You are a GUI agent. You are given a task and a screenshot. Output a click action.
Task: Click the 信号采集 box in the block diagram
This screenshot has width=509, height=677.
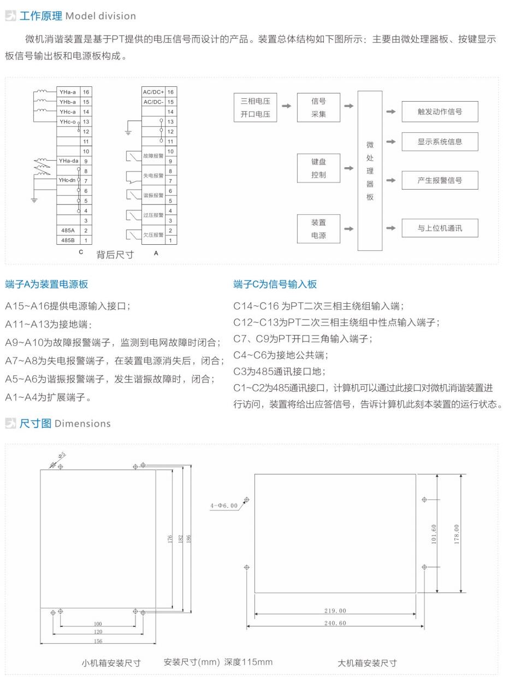tap(318, 107)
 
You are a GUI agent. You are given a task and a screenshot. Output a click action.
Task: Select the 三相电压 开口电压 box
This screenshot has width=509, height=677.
tap(255, 107)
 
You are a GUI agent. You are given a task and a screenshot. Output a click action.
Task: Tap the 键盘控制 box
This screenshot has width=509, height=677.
tap(318, 168)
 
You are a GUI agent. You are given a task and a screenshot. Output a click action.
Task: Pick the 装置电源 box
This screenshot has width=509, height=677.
tap(318, 229)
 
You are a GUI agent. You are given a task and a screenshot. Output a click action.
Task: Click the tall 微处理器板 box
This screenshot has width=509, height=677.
tap(370, 170)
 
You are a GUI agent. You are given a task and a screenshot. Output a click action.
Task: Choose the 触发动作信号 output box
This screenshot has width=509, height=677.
tap(440, 111)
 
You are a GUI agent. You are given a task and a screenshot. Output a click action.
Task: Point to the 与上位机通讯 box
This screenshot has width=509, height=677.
tap(440, 228)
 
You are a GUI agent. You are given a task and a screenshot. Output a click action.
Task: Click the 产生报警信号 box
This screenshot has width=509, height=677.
tap(440, 180)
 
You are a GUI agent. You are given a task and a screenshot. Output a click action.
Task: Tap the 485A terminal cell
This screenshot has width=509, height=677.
tap(68, 231)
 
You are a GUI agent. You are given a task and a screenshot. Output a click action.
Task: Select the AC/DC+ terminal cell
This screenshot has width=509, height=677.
tap(153, 92)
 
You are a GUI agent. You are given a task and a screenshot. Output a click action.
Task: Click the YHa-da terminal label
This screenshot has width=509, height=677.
tap(69, 161)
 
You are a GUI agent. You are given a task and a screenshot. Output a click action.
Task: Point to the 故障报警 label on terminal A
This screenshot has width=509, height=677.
tap(153, 156)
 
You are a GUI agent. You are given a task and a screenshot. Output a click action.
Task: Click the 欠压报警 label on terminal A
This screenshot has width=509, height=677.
tap(153, 235)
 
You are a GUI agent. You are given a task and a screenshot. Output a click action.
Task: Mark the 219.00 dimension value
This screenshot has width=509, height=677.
tap(335, 611)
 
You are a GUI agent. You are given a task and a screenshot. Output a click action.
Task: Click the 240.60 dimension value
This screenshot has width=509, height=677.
tap(335, 623)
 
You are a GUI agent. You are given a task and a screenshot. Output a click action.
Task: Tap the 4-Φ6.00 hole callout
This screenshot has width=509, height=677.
tap(224, 505)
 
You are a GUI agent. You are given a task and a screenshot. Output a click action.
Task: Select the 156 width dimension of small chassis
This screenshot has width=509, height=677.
tap(98, 641)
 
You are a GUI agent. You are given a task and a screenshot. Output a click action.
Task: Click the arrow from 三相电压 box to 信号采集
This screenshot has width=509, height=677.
tap(286, 106)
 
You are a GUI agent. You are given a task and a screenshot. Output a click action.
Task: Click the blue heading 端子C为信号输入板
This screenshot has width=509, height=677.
tap(275, 284)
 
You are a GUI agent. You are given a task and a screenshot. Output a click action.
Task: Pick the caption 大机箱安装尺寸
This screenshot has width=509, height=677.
tap(367, 663)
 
